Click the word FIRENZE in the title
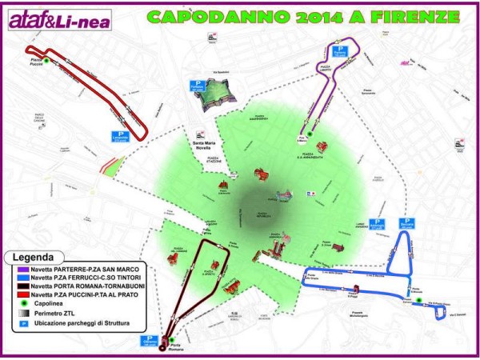[426, 16]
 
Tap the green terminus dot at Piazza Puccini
[46, 60]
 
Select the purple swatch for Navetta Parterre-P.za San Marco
[14, 271]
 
